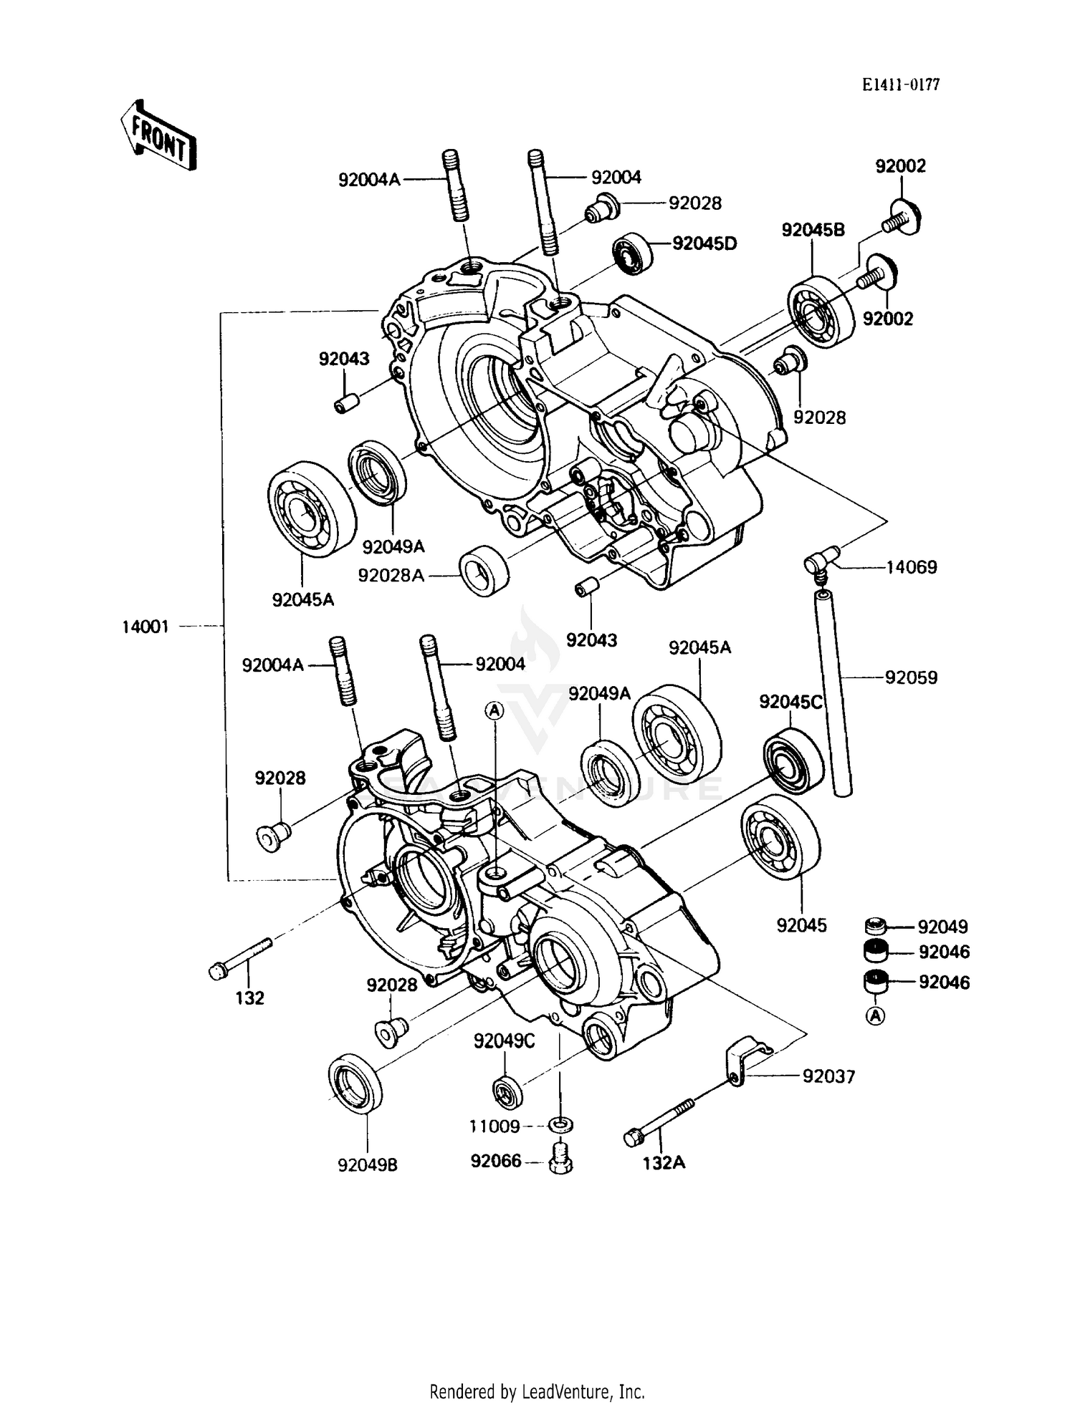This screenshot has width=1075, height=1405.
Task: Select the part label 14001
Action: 145,627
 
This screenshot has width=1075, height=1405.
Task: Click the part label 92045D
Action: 704,243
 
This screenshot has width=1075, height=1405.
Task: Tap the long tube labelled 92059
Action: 833,691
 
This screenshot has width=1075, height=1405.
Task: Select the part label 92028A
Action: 391,575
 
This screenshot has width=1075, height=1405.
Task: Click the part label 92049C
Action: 504,1041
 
